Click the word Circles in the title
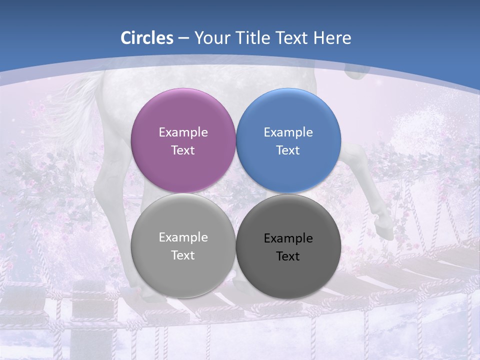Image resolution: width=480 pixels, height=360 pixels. (x=147, y=38)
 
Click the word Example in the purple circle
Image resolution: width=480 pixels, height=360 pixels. (x=183, y=132)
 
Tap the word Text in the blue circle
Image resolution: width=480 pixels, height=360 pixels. (x=288, y=150)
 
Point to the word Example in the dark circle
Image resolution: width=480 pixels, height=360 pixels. (x=288, y=238)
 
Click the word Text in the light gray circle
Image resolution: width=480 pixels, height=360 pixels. (x=183, y=255)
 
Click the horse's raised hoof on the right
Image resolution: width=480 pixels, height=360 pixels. (x=382, y=220)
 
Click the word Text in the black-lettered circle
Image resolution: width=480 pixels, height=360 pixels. (x=288, y=256)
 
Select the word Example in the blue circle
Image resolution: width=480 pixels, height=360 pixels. (x=288, y=132)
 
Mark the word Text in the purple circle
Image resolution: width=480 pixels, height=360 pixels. (x=183, y=150)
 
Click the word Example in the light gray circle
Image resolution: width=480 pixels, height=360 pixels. (x=183, y=237)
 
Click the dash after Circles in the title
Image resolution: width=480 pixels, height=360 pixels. (x=183, y=38)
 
